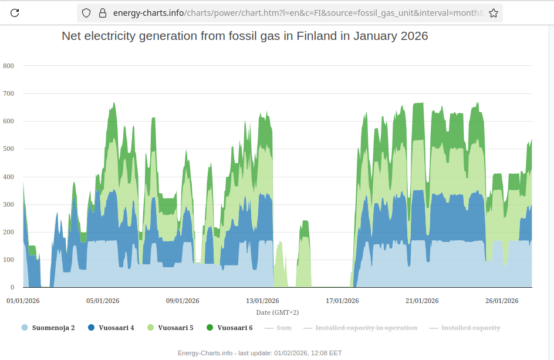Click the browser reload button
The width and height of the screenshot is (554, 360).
(15, 13)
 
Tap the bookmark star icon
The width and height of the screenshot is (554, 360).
(493, 13)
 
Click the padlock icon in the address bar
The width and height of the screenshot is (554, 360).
(102, 13)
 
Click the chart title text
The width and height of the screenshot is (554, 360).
(245, 36)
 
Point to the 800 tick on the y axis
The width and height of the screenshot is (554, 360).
(8, 66)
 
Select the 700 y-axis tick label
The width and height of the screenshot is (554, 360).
(8, 93)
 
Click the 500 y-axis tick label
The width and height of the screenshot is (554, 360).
(8, 149)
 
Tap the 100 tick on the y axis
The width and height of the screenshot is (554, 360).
(8, 260)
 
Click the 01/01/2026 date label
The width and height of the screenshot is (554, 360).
(23, 301)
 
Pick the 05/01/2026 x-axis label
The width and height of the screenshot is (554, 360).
(103, 301)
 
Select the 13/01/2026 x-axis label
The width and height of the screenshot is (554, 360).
(262, 301)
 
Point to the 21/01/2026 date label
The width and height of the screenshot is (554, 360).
(422, 301)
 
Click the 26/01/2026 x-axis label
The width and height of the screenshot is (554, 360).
(502, 301)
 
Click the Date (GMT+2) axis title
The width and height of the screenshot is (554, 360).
(277, 312)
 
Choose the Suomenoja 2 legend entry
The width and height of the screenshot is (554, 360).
(53, 328)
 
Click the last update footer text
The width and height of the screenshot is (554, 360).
(259, 353)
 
